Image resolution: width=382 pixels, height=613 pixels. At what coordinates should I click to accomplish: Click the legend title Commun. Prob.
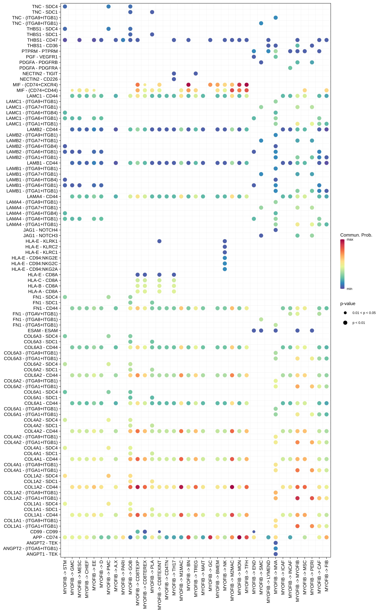pos(356,235)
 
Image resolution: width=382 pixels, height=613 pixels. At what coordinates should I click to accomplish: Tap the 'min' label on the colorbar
pos(349,289)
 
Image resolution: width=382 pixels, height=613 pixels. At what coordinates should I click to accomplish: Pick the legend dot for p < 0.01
pos(345,323)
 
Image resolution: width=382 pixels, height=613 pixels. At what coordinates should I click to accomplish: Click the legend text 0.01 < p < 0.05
pos(364,313)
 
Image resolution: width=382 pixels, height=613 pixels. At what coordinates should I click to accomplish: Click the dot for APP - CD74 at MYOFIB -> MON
pos(239,537)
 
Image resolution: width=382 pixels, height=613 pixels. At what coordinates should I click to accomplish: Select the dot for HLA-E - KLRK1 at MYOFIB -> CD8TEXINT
pos(159,241)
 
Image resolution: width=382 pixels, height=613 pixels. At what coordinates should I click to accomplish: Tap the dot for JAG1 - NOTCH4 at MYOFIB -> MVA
pos(276,230)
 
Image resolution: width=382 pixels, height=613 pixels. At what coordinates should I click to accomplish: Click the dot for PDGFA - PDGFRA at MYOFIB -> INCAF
pos(290,68)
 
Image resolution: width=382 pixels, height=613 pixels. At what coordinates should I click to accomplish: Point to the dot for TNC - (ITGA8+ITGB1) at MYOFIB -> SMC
pos(261,23)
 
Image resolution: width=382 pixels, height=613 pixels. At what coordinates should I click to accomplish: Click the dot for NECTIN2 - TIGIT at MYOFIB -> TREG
pos(196,73)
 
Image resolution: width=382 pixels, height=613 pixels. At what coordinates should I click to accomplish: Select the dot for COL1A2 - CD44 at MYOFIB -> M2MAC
pos(232,487)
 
